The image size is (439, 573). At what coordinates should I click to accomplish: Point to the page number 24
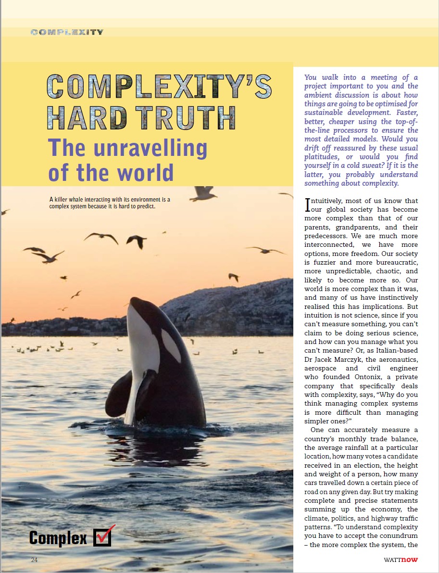coord(34,560)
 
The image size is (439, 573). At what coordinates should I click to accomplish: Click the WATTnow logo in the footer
coord(401,560)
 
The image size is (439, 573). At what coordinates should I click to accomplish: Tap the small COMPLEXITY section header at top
coord(67,32)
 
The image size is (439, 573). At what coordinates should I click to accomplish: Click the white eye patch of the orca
coord(171,345)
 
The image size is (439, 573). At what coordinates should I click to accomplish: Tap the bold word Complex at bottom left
coord(58,537)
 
